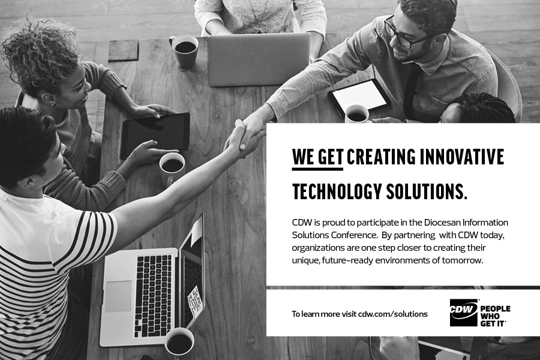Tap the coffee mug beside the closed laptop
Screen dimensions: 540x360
[185, 52]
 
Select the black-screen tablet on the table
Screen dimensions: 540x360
[155, 135]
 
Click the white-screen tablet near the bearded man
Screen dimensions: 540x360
[359, 97]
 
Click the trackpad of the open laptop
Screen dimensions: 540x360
[118, 296]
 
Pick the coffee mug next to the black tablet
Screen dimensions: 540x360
[172, 169]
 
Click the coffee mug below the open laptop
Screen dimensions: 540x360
[179, 343]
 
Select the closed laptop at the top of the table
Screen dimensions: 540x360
[259, 59]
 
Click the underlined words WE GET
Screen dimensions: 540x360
[317, 157]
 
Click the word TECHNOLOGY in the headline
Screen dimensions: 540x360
[337, 191]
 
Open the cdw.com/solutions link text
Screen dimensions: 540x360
[393, 314]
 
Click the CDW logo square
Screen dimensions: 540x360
[464, 313]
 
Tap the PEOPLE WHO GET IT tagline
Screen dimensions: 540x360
[495, 316]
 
